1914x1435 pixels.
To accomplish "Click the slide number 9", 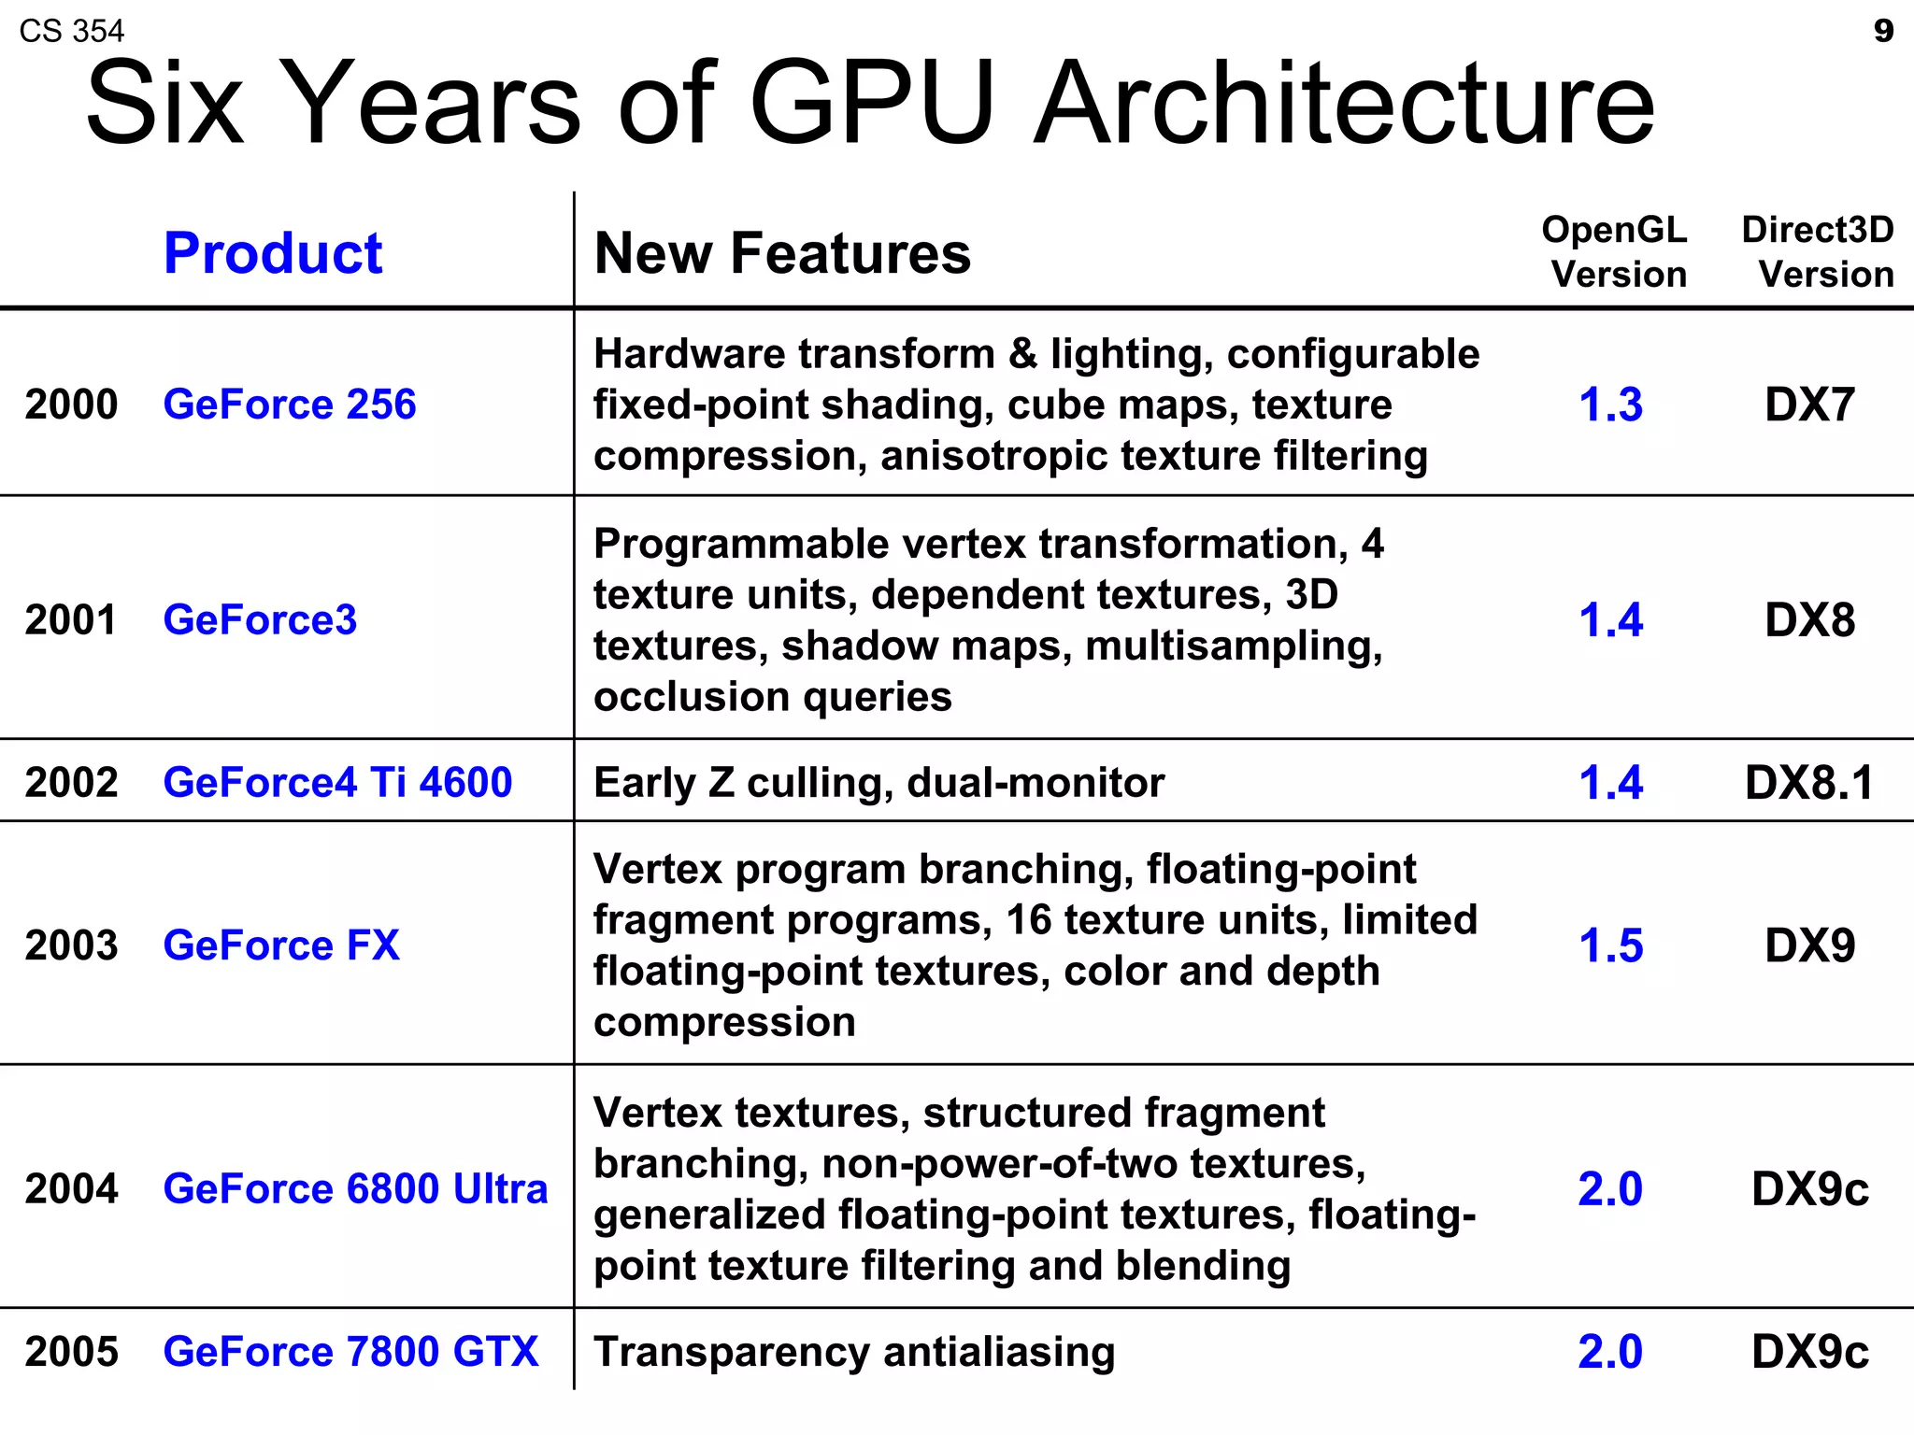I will click(1883, 31).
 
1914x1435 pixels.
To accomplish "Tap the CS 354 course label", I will click(71, 31).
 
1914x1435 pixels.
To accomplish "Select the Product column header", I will click(272, 252).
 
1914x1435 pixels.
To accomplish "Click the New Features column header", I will click(782, 252).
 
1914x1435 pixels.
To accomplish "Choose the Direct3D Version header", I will click(1818, 251).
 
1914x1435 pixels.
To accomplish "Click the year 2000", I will click(71, 405).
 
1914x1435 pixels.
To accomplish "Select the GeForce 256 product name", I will click(289, 405).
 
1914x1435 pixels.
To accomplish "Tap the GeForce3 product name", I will click(260, 619).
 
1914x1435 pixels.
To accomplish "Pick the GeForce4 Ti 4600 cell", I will click(337, 782).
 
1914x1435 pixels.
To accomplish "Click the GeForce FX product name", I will click(280, 945).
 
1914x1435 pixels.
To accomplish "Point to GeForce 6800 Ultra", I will click(355, 1188).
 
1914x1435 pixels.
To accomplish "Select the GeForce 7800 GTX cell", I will click(350, 1351).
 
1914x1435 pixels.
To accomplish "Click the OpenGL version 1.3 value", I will click(1610, 405).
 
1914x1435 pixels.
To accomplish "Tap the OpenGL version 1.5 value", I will click(1610, 945).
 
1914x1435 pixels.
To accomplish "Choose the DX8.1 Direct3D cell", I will click(1809, 782).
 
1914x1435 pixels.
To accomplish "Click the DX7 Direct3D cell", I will click(1809, 405).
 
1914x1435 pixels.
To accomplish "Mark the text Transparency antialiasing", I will click(854, 1352).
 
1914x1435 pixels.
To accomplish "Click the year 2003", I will click(71, 945).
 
